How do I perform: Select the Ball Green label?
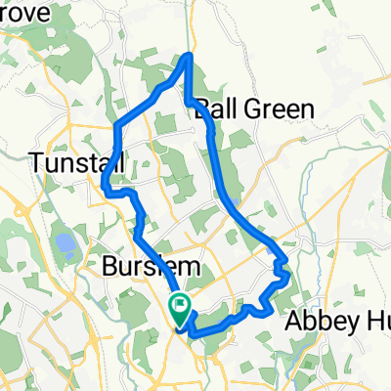point(255,109)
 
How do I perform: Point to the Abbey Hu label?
point(337,322)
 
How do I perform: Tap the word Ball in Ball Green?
point(214,109)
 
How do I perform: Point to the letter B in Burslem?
point(109,267)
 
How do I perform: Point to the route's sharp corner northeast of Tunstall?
point(116,124)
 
